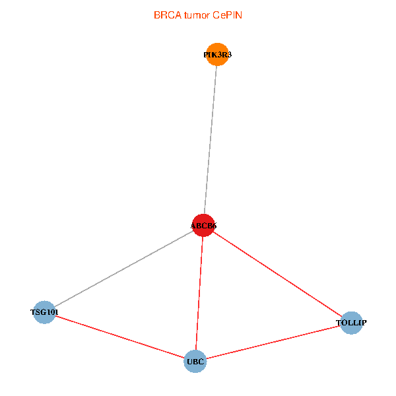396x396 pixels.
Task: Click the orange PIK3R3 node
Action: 217,55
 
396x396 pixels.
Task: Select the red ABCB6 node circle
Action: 203,225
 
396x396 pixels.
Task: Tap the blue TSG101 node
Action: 44,312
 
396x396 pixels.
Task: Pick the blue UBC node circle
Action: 195,361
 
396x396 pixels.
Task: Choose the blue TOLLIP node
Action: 351,323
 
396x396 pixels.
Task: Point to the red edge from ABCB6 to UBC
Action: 199,293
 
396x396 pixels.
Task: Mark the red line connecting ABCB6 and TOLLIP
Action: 277,274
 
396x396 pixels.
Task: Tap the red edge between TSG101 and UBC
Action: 119,336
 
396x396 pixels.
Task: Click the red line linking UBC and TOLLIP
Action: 273,342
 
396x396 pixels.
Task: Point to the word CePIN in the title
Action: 227,15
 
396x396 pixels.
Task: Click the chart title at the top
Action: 198,15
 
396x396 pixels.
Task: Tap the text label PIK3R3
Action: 217,55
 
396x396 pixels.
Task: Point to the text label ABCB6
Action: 203,226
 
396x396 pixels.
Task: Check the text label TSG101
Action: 44,312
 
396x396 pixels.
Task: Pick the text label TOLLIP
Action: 351,323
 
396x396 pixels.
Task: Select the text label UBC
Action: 195,361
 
